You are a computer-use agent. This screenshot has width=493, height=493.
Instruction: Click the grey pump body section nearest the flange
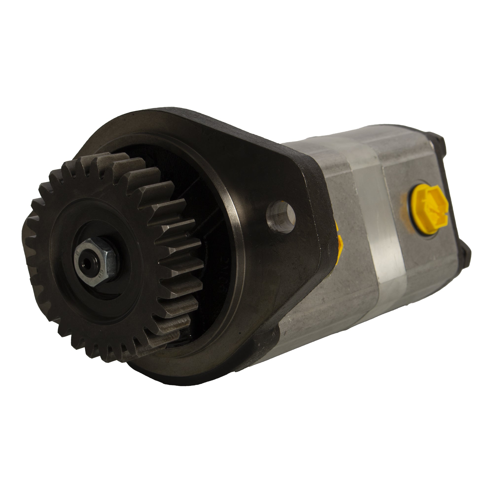(x=339, y=293)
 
